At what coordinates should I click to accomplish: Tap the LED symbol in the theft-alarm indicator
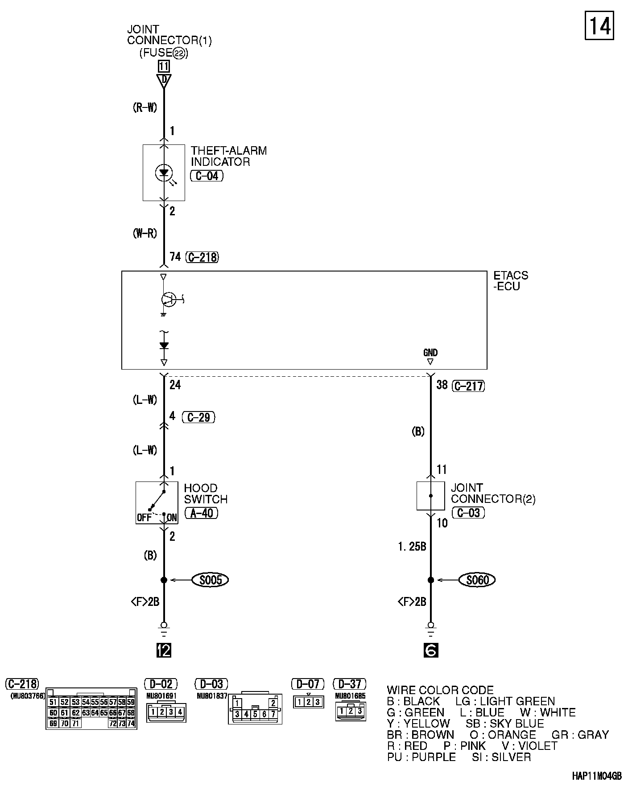[164, 172]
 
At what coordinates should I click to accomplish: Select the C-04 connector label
[207, 176]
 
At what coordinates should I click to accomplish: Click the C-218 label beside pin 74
[202, 257]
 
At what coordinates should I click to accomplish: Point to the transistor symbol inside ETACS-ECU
[168, 299]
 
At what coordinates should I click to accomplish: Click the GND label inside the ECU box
[430, 353]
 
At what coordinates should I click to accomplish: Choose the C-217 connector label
[468, 386]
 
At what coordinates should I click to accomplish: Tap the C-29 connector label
[198, 417]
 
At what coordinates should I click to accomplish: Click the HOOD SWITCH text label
[206, 494]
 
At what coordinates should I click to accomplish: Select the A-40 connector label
[202, 513]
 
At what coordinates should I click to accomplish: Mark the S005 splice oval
[210, 580]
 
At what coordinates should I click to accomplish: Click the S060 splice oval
[477, 580]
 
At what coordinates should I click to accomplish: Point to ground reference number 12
[164, 650]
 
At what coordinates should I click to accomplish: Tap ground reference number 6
[430, 650]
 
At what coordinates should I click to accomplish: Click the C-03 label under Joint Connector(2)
[468, 513]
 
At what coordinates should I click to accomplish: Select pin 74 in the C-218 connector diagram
[131, 723]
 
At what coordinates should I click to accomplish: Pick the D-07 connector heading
[308, 683]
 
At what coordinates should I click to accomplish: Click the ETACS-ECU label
[510, 280]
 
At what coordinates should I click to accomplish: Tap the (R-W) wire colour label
[145, 107]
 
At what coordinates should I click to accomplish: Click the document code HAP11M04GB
[596, 776]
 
